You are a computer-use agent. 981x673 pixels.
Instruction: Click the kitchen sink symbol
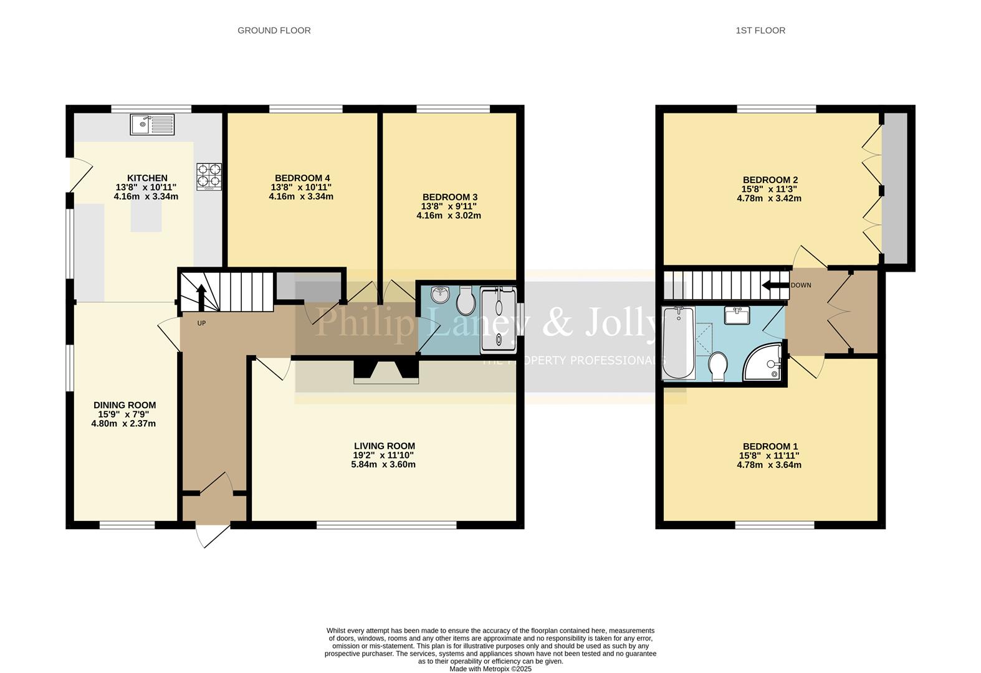(x=153, y=125)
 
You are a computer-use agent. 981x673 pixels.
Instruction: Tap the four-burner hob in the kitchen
(x=209, y=176)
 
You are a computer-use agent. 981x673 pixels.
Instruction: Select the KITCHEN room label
(x=147, y=178)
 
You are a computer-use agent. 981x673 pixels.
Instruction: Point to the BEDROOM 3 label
(x=449, y=197)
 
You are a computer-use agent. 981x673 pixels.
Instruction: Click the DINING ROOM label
(x=125, y=405)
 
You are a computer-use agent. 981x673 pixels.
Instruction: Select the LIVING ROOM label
(x=384, y=446)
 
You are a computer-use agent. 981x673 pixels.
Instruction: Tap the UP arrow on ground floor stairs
(x=201, y=297)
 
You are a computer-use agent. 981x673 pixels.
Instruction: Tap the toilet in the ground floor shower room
(x=464, y=302)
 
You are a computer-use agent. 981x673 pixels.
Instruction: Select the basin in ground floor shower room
(x=440, y=294)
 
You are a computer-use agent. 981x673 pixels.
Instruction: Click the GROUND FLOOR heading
(x=274, y=30)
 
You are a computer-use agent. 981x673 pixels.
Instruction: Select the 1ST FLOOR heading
(x=760, y=30)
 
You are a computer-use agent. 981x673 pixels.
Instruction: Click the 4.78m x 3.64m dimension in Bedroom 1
(x=768, y=465)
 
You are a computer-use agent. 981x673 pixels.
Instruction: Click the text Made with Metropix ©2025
(x=490, y=669)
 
